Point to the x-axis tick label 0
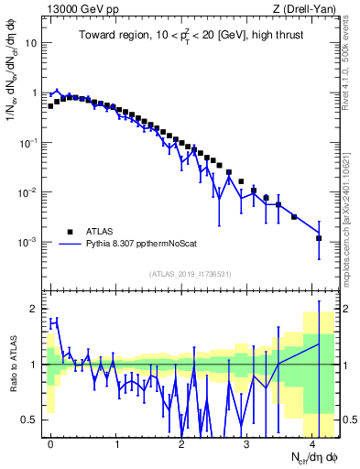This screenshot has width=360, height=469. pos(50,442)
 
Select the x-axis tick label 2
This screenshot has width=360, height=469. pos(181,442)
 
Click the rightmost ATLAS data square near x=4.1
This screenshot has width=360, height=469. pos(319,238)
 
